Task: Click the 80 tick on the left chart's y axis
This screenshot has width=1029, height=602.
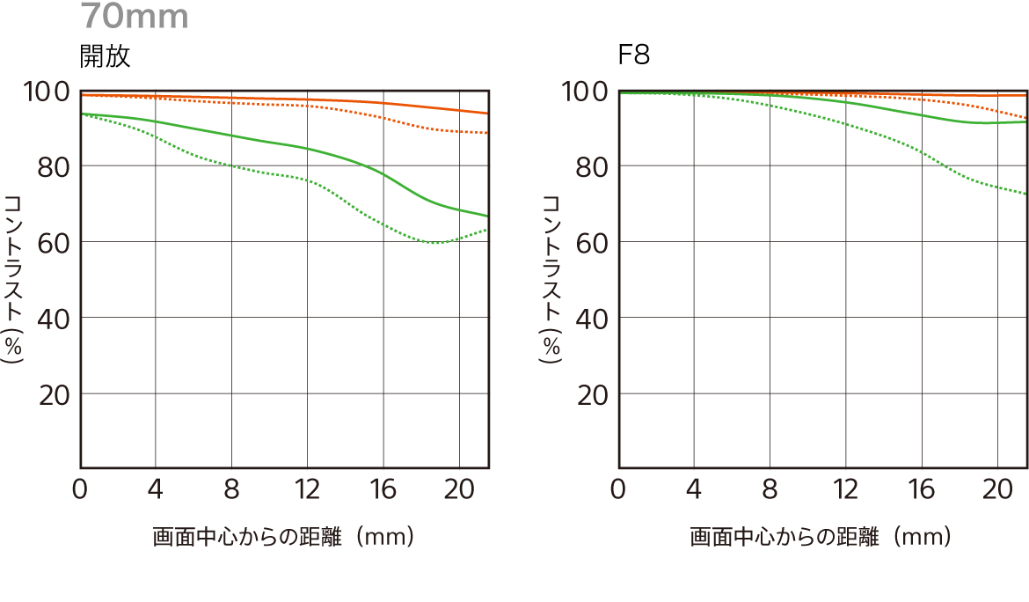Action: [x=54, y=166]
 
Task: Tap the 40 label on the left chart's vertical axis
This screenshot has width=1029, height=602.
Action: [x=54, y=319]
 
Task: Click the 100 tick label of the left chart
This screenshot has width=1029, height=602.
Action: [x=48, y=91]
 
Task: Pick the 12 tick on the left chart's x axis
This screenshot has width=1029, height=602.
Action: [x=306, y=489]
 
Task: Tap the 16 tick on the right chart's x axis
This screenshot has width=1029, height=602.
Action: [x=921, y=489]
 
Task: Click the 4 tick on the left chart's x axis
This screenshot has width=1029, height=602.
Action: [x=156, y=489]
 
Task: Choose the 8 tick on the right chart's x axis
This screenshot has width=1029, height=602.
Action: [x=770, y=489]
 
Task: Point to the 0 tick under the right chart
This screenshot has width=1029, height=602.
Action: [x=618, y=489]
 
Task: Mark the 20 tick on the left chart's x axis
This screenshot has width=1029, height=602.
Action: [x=457, y=489]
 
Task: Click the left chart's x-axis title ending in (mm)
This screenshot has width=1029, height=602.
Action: [x=283, y=536]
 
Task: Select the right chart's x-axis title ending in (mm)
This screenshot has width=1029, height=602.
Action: [x=821, y=536]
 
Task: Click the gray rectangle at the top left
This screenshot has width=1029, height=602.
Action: [x=134, y=15]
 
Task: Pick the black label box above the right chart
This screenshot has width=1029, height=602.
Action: [x=634, y=54]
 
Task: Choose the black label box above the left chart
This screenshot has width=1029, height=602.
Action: [x=105, y=56]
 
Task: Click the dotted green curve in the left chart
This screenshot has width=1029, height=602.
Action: [x=230, y=165]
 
